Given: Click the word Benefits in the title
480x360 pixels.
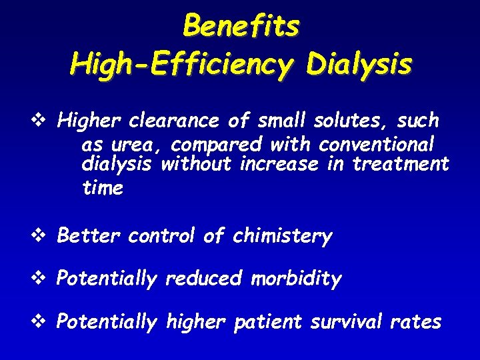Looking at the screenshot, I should pos(241,27).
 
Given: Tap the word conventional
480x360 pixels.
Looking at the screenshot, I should pos(377,144).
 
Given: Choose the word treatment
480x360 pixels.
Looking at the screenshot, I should pos(401,164).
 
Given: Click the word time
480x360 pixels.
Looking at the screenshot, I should pos(103,188).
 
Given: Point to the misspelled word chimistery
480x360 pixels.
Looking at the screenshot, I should pos(282,236).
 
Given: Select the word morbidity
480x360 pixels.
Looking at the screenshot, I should pos(296,279).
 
